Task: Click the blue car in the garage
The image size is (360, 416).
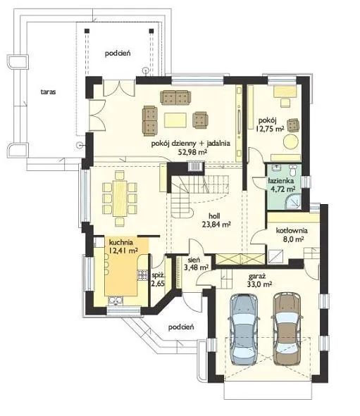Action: click(244, 329)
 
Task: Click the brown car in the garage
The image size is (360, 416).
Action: click(287, 329)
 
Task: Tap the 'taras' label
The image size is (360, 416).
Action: click(48, 92)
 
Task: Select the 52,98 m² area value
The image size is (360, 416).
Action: click(192, 152)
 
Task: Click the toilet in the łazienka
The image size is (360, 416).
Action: click(294, 170)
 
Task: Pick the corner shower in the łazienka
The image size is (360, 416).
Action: click(293, 201)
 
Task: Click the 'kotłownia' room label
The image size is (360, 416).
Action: click(292, 231)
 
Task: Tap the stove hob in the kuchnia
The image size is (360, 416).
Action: click(142, 275)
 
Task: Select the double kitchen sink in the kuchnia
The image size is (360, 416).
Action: click(116, 301)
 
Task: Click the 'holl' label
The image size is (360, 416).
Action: click(214, 215)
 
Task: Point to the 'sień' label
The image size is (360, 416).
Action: click(194, 260)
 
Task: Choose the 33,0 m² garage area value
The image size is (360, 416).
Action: click(259, 284)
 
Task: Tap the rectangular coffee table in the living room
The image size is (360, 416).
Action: click(175, 120)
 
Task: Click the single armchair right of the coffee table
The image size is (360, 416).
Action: click(201, 120)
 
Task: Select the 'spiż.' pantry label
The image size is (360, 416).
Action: click(157, 275)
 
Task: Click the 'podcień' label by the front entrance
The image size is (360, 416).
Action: click(181, 327)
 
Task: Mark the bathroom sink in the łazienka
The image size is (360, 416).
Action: click(278, 168)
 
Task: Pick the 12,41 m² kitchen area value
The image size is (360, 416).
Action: click(123, 250)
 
